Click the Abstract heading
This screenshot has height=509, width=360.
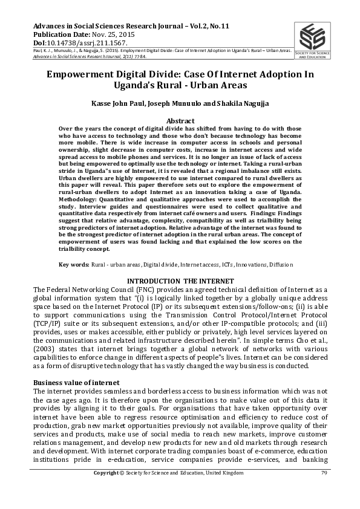180,122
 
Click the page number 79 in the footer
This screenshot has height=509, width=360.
324,488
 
